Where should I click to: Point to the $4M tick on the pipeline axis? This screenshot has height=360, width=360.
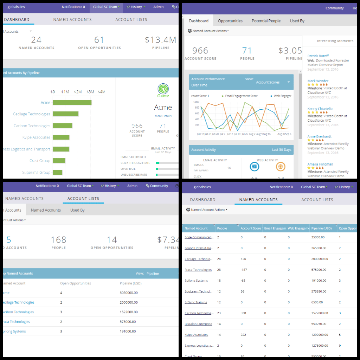(102, 92)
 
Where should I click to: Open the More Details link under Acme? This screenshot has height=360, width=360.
(163, 116)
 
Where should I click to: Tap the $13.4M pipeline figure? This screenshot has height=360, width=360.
(160, 40)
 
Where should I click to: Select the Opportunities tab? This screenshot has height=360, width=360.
(230, 21)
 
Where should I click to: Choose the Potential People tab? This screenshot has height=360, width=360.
(266, 21)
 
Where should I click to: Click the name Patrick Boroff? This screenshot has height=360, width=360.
(318, 56)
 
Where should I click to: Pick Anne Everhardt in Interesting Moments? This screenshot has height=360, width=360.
(319, 136)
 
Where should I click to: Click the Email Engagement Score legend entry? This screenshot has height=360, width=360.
(241, 96)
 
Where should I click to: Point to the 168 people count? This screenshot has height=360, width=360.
(58, 240)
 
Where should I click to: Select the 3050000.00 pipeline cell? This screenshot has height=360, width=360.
(129, 293)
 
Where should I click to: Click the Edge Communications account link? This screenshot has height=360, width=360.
(199, 237)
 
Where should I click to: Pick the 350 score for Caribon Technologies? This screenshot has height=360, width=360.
(244, 313)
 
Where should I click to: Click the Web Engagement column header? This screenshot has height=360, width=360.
(298, 229)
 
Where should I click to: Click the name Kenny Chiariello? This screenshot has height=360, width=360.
(320, 109)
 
